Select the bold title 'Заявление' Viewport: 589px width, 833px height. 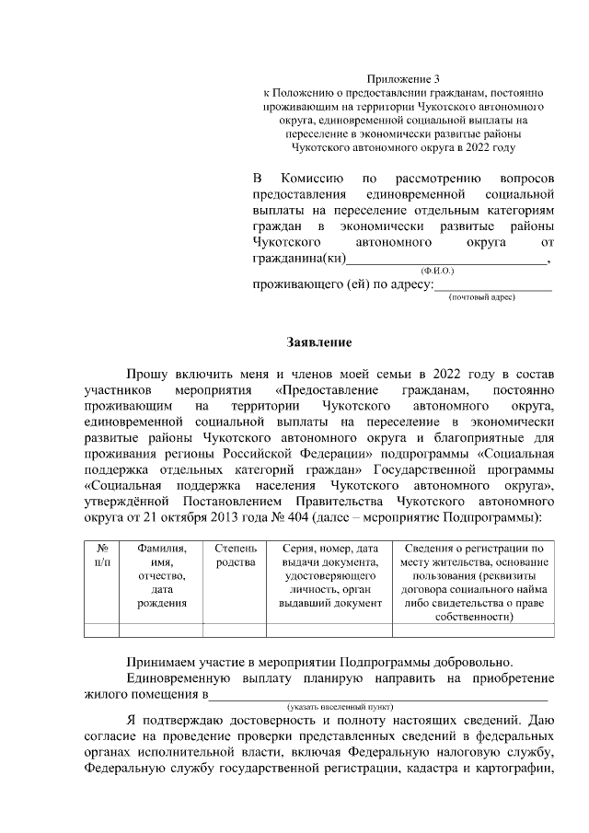(321, 342)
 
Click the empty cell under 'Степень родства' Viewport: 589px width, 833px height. (235, 631)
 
